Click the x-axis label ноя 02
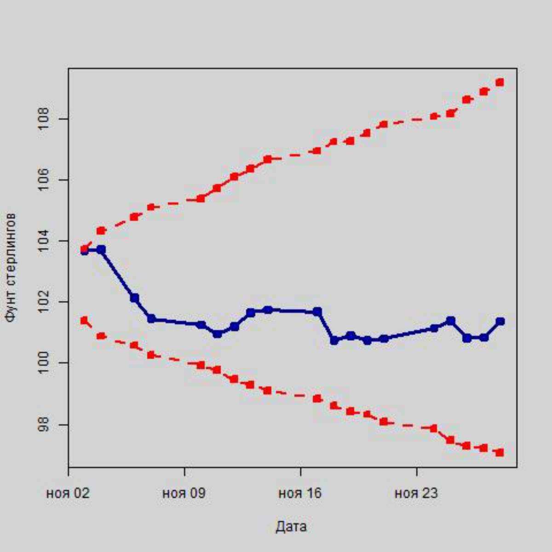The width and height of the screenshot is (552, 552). coord(68,494)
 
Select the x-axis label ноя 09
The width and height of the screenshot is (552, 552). coord(184,494)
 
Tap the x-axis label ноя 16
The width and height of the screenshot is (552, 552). coord(300,494)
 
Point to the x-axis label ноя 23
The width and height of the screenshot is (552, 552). coord(416,494)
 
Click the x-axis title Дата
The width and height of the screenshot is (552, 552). coord(291,526)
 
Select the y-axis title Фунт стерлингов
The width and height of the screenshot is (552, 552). coord(11,267)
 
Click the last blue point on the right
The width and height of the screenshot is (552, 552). coord(500,321)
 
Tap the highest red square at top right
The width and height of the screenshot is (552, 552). coord(500,82)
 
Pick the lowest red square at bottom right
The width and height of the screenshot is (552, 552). coord(500,453)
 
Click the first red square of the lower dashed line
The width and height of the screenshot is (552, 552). coord(84,320)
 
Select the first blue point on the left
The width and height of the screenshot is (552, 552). coord(84,251)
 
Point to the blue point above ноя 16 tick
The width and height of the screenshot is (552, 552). coord(317,312)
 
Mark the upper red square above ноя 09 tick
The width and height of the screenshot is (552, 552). coord(201,199)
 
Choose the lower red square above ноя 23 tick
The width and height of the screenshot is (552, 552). coord(433,428)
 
